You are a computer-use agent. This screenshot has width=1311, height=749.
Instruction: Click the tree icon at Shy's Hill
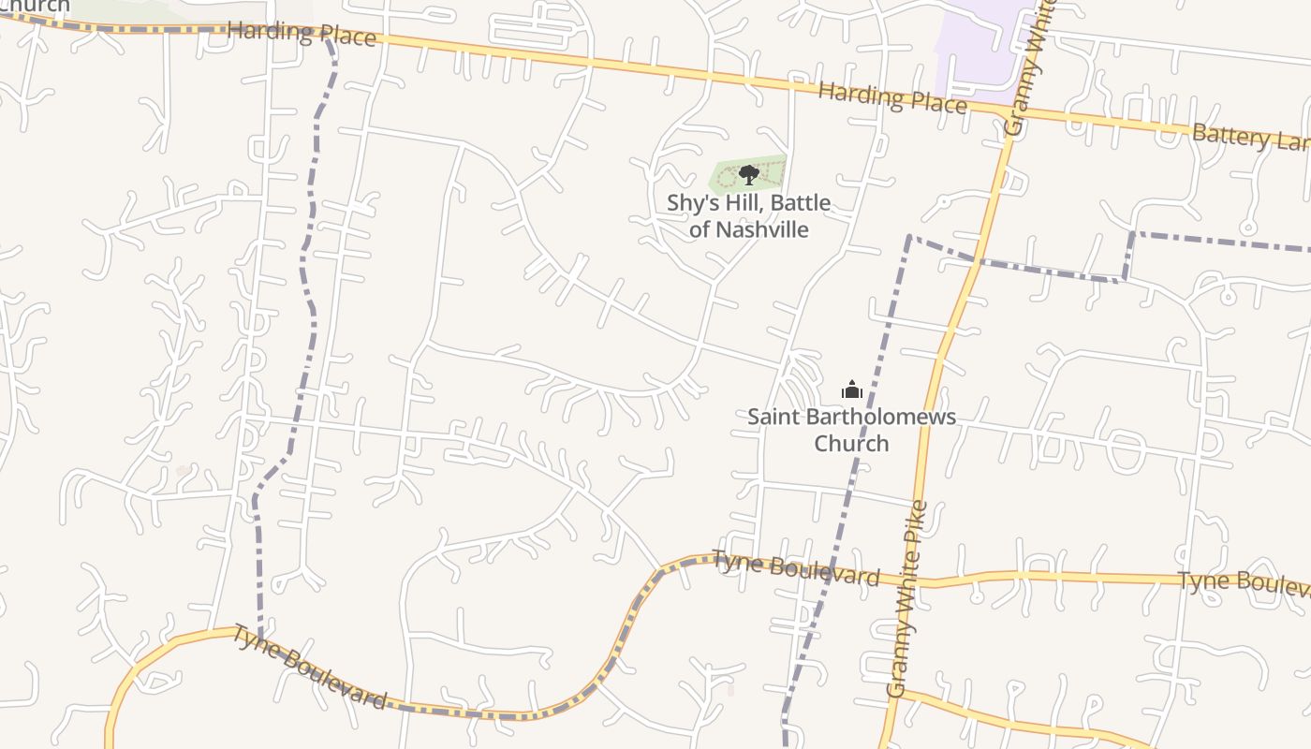coord(748,174)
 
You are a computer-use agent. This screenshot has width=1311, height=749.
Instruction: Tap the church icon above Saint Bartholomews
coord(852,389)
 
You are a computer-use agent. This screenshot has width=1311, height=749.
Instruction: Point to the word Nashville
coord(762,228)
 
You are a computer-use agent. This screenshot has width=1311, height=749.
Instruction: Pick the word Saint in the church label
coord(771,417)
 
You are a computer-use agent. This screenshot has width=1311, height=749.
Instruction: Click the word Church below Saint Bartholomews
coord(851,443)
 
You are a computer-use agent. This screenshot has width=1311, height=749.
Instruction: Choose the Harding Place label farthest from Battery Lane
coord(302,34)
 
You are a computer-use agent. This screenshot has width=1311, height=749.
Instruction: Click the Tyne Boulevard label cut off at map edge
coord(1243,582)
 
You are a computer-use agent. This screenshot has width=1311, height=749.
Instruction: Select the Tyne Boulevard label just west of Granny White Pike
coord(796,568)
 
